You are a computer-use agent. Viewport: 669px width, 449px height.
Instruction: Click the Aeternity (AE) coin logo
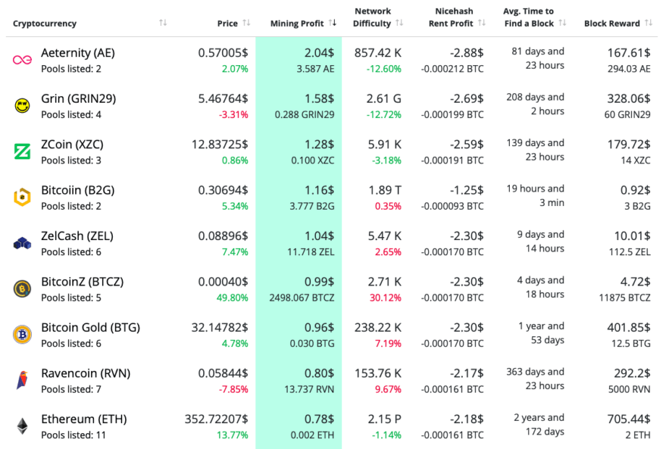tap(22, 60)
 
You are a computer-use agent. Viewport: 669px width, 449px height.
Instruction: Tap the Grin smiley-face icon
tap(22, 106)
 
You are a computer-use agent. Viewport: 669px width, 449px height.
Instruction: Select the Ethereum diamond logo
tap(22, 426)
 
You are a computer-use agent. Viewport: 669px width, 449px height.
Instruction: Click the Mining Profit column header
tap(297, 23)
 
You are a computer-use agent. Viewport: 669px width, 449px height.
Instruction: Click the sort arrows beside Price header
tap(247, 23)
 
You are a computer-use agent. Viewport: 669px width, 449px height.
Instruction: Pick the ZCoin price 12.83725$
tap(220, 145)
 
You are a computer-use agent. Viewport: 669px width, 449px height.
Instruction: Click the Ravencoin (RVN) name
tap(85, 373)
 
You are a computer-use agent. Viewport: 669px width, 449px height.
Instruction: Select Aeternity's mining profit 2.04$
tap(319, 53)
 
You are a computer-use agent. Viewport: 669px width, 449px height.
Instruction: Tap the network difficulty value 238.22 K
tap(378, 328)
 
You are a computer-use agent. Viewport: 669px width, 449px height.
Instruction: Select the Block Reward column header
tap(612, 23)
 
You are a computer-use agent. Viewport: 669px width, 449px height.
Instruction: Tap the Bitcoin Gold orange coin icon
tap(22, 335)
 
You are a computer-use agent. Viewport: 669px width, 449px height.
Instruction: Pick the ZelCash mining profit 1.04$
tap(319, 236)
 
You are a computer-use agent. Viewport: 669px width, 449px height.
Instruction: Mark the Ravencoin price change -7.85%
tap(233, 389)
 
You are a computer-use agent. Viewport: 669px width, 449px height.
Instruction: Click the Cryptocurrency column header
tap(45, 23)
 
